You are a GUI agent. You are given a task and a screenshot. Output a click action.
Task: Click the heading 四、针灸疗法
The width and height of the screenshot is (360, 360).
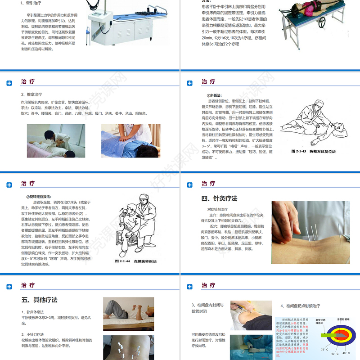219,198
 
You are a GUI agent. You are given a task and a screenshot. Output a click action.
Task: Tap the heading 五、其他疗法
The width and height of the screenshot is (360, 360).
39,300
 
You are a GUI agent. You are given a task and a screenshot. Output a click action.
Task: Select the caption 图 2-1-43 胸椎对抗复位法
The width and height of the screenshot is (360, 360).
313,152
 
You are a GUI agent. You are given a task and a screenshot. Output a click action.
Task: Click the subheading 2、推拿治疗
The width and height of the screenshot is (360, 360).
31,94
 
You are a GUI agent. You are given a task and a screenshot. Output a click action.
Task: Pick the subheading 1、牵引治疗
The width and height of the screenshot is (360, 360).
31,3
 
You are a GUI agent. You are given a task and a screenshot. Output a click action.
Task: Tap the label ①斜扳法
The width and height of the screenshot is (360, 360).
214,95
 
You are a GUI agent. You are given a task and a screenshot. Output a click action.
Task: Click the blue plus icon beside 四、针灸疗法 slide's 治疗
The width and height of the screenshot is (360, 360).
190,184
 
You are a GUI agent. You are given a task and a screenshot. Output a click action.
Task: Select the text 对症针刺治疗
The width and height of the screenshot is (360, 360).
218,209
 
